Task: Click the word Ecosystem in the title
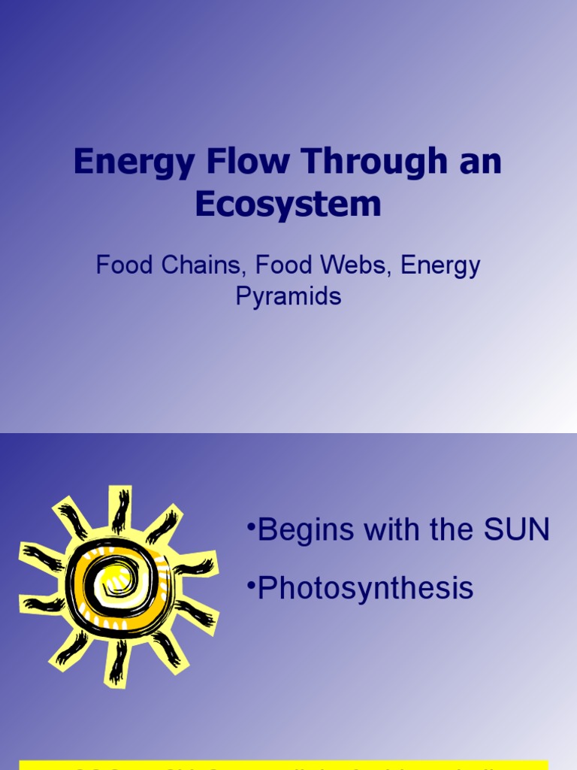click(288, 205)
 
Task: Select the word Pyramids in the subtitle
click(288, 296)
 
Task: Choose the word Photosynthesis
click(365, 588)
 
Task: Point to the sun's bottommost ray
click(116, 662)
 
